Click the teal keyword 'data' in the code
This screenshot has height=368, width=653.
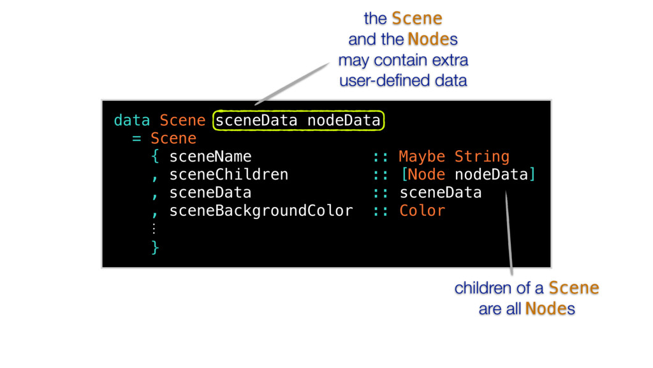point(131,120)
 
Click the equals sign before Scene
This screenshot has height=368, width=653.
point(136,138)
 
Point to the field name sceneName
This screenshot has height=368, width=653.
point(210,157)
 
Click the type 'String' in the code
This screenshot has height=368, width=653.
point(482,157)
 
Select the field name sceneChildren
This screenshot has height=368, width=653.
point(229,174)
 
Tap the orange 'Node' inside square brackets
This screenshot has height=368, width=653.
point(427,174)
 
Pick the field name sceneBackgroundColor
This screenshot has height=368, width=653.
point(261,211)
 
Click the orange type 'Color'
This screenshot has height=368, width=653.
point(422,211)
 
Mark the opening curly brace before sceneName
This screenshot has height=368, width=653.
point(155,157)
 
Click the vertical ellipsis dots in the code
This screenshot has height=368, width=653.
point(154,228)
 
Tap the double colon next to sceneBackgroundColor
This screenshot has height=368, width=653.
point(381,211)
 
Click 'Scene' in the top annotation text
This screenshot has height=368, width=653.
point(416,19)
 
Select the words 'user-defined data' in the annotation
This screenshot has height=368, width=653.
point(403,81)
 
